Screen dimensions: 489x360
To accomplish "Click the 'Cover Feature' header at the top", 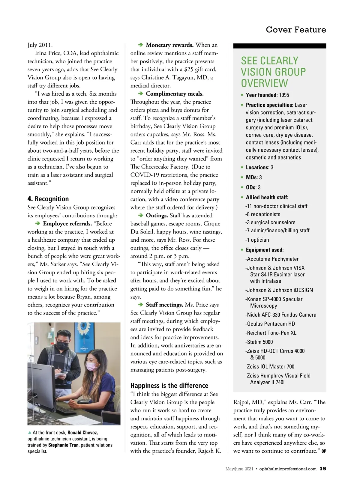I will coord(295,30).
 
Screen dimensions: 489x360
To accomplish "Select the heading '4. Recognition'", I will coord(48,199).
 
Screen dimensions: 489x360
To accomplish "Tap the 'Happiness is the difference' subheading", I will coord(169,386).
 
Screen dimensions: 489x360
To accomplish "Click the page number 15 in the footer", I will coord(323,469).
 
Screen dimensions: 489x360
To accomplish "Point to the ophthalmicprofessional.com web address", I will coord(288,469).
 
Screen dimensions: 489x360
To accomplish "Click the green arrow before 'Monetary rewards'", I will coord(140,45).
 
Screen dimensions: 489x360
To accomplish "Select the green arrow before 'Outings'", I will coord(140,215).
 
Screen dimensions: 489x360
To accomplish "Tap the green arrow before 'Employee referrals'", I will coord(37,223).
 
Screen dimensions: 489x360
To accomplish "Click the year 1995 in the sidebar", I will coord(284,95).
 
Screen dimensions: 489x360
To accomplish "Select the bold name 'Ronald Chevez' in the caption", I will coord(82,432).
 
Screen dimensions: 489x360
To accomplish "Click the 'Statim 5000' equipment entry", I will coord(259,342).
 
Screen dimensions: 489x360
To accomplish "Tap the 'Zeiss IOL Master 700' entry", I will coord(270,366).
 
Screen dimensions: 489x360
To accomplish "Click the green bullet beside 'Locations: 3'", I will coord(242,167).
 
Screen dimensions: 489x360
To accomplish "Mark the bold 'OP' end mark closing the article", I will coord(324,451).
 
